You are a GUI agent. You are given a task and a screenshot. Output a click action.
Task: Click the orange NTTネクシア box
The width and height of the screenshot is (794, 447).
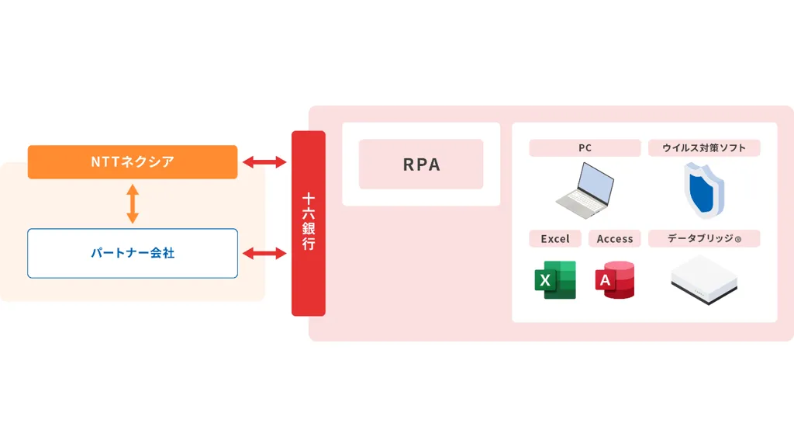pyautogui.click(x=132, y=162)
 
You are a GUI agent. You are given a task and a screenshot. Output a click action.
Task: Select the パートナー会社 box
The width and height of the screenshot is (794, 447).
pyautogui.click(x=132, y=253)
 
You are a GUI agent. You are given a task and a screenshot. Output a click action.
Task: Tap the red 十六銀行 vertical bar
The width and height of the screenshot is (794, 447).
pyautogui.click(x=308, y=223)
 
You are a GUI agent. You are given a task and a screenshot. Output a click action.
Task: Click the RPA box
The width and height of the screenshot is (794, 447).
pyautogui.click(x=421, y=165)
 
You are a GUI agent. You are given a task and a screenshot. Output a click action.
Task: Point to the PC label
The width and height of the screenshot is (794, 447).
pyautogui.click(x=585, y=148)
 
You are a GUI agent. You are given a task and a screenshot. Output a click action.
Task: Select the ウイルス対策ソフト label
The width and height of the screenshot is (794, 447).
pyautogui.click(x=704, y=148)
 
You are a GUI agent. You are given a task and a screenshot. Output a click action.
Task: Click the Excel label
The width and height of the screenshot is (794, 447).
pyautogui.click(x=554, y=239)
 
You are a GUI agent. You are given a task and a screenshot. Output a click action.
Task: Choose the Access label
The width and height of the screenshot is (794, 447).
pyautogui.click(x=615, y=239)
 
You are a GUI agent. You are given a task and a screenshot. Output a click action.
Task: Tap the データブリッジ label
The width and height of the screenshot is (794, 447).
pyautogui.click(x=704, y=239)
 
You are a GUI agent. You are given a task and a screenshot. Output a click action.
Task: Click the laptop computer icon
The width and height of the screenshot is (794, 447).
pyautogui.click(x=585, y=189)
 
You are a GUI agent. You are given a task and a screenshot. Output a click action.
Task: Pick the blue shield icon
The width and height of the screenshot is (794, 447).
pyautogui.click(x=703, y=190)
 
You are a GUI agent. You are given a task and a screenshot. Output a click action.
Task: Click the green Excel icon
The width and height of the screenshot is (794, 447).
pyautogui.click(x=555, y=280)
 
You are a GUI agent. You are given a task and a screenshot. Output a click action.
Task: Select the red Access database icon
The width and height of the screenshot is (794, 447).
pyautogui.click(x=615, y=280)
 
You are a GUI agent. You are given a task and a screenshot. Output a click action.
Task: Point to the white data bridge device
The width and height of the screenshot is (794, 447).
pyautogui.click(x=703, y=279)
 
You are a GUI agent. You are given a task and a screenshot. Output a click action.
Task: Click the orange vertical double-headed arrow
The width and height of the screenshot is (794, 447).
pyautogui.click(x=133, y=204)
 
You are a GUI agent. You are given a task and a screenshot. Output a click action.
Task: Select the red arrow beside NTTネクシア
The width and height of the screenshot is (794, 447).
pyautogui.click(x=264, y=162)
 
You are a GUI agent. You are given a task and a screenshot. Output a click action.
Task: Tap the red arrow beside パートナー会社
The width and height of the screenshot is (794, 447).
pyautogui.click(x=264, y=253)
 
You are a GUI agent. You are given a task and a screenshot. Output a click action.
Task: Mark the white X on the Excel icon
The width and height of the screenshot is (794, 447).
pyautogui.click(x=545, y=280)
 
